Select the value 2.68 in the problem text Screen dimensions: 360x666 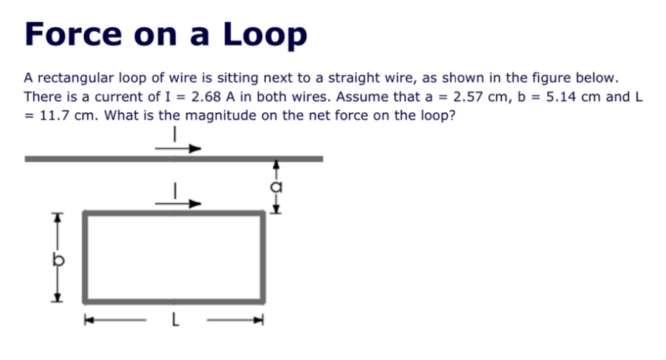coord(207,97)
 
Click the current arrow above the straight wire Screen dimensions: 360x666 coord(178,148)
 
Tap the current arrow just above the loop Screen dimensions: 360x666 coord(178,204)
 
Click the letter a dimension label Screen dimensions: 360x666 coord(277,187)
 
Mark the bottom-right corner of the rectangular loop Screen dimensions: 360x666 coord(262,300)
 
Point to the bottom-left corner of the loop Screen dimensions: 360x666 coord(86,300)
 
